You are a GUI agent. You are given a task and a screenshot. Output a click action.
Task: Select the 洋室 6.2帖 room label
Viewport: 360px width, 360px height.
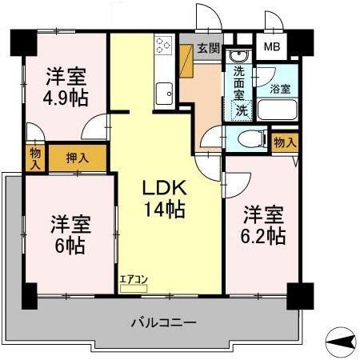[263, 225]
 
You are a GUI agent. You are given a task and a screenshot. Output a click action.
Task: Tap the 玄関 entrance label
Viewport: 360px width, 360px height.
[209, 47]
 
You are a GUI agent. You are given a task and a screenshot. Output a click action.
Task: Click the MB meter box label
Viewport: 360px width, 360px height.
[272, 47]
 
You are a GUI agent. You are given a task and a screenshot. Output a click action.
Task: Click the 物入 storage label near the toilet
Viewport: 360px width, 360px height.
[284, 142]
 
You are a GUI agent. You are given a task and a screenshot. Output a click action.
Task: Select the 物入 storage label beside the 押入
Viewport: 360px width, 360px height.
[34, 157]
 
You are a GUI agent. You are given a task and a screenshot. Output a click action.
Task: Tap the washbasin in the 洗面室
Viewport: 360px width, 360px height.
[238, 58]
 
